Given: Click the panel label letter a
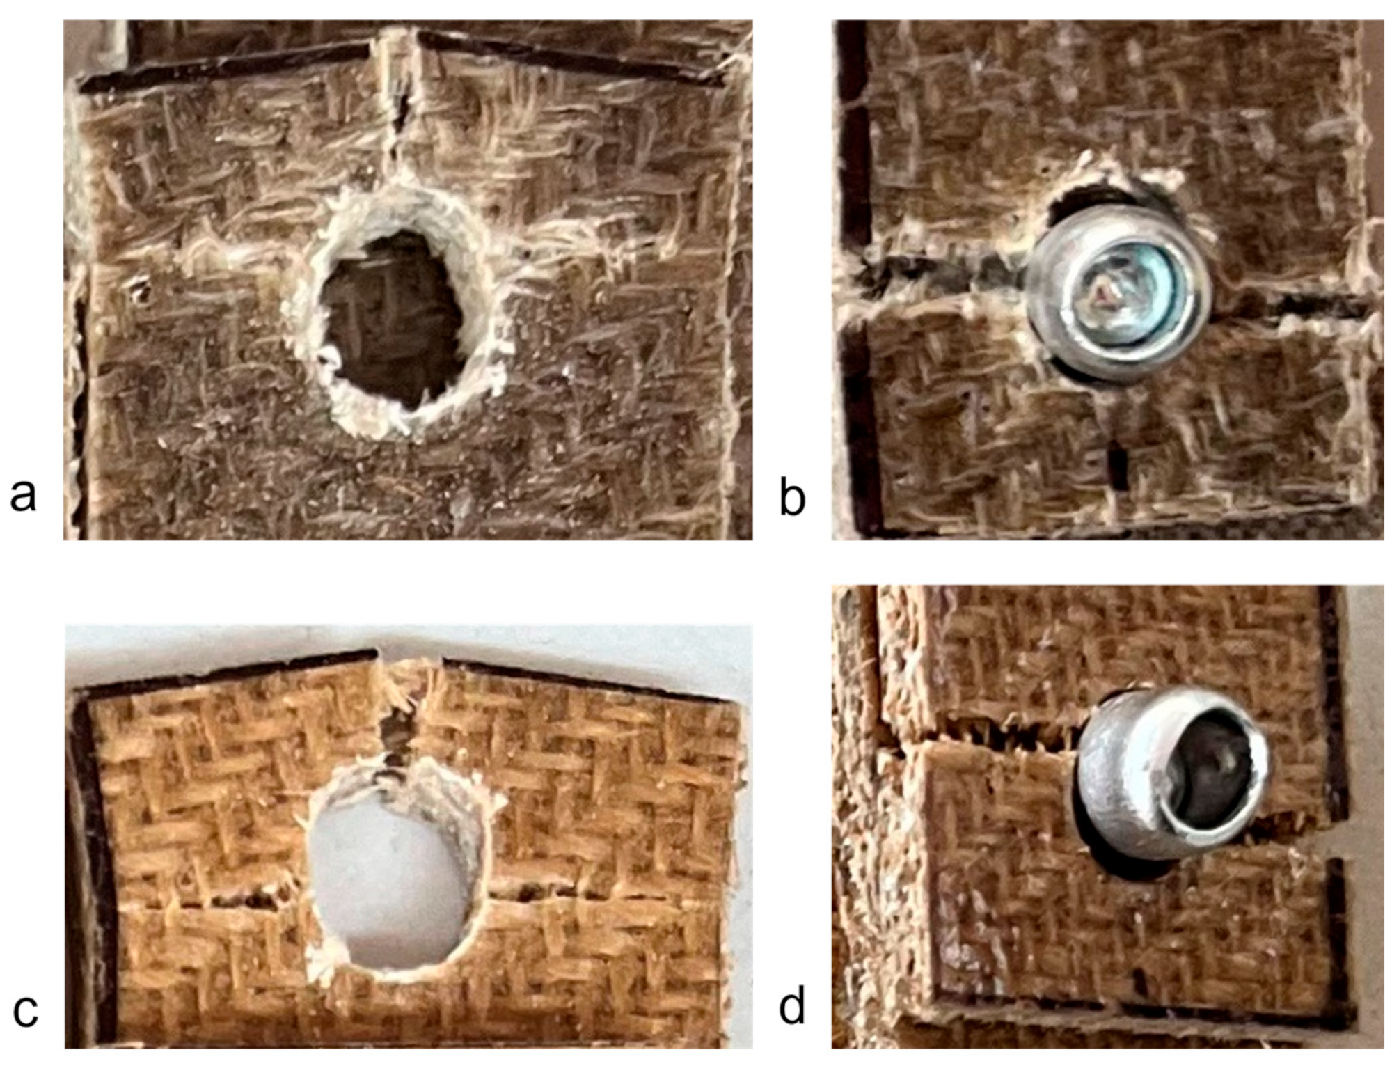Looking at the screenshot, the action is [x=23, y=496].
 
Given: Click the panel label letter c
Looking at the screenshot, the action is [x=25, y=1011].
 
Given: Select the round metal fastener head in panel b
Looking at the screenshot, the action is [x=1121, y=291].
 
